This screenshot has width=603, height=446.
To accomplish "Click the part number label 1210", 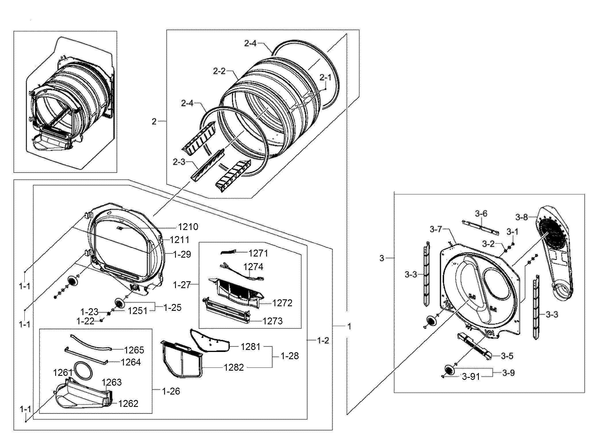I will point(188,227).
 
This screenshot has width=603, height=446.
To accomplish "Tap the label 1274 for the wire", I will point(253,267).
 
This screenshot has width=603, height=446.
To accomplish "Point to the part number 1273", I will point(273,321).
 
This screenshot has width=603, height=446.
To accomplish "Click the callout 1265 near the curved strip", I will point(134,350).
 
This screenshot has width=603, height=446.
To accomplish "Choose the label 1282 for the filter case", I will point(234,367).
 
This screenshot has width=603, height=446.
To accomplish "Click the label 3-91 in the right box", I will point(471,377).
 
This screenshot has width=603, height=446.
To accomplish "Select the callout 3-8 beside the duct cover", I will point(522,217).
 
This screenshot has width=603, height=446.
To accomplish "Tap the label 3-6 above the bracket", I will point(481,213).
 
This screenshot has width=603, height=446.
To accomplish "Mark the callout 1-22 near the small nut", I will point(86,321).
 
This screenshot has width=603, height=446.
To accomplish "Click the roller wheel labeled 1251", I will point(119,303).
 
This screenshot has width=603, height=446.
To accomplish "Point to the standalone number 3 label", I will point(382,258).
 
